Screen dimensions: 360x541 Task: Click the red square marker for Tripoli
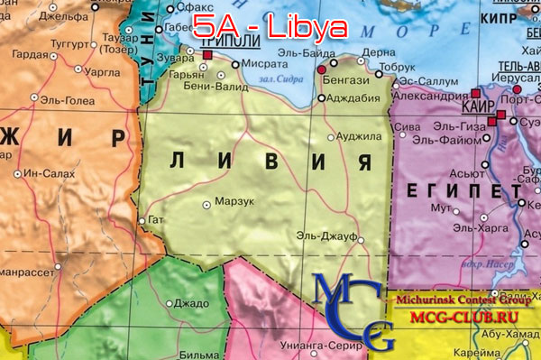tap(207, 56)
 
